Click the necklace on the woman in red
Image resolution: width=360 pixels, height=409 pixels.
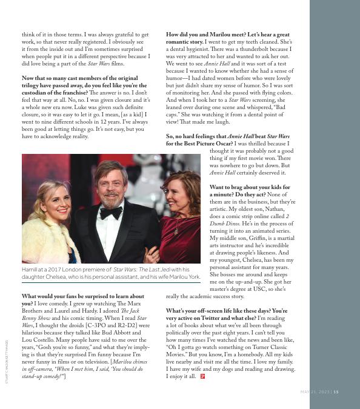pos(177,225)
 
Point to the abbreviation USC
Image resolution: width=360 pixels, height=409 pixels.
pos(264,290)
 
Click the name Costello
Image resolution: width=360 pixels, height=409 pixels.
pos(39,340)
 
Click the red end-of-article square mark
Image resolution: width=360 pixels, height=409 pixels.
pos(202,376)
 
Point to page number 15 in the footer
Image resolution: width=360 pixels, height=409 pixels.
pos(336,391)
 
